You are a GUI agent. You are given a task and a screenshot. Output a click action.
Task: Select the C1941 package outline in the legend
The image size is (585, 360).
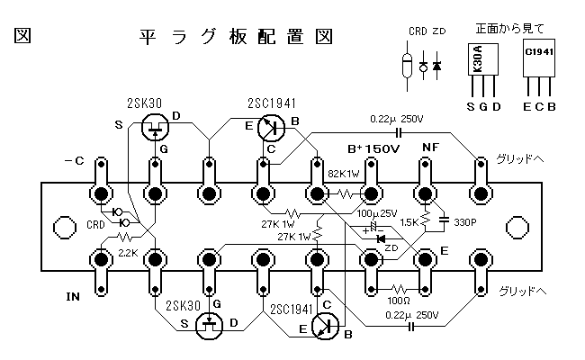pos(538,58)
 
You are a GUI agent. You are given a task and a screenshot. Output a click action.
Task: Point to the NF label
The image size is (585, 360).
pos(431,148)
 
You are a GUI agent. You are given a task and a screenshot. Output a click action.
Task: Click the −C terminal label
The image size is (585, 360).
pos(74,162)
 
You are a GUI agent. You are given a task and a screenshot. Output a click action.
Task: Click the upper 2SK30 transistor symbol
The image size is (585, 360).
pos(157,127)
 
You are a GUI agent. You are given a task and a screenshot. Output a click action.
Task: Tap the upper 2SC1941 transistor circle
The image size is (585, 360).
pos(271,127)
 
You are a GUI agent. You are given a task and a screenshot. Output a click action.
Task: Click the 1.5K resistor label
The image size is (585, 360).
pos(409,220)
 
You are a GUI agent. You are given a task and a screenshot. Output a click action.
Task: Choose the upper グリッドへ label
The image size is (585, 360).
pos(520,159)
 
